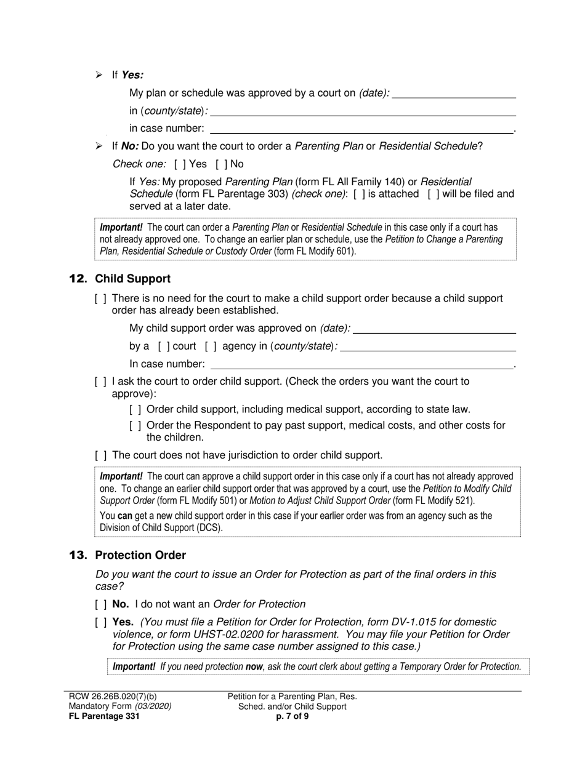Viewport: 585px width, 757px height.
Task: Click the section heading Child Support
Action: pos(132,279)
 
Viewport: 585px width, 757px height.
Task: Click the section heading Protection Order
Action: pos(140,555)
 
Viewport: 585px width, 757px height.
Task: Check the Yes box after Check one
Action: pos(180,164)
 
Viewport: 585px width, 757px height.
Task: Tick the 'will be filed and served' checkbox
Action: pos(434,194)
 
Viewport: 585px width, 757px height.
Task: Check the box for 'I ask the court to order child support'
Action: pos(100,382)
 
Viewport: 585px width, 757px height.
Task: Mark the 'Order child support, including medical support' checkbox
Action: pos(135,409)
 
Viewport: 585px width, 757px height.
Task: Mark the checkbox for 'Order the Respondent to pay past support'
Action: pos(135,426)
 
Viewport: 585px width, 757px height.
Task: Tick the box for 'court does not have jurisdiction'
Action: pos(100,455)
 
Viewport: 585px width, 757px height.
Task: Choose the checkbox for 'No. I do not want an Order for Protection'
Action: pos(100,604)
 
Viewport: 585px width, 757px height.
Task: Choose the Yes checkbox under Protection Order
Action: pos(100,622)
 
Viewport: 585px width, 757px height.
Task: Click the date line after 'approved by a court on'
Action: pos(454,94)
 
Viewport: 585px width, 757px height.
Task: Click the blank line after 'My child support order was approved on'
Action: pos(434,329)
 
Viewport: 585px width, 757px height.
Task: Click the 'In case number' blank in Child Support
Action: pos(361,364)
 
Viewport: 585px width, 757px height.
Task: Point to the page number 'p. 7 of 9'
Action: pos(292,716)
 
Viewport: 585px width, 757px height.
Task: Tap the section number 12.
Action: pos(78,279)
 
